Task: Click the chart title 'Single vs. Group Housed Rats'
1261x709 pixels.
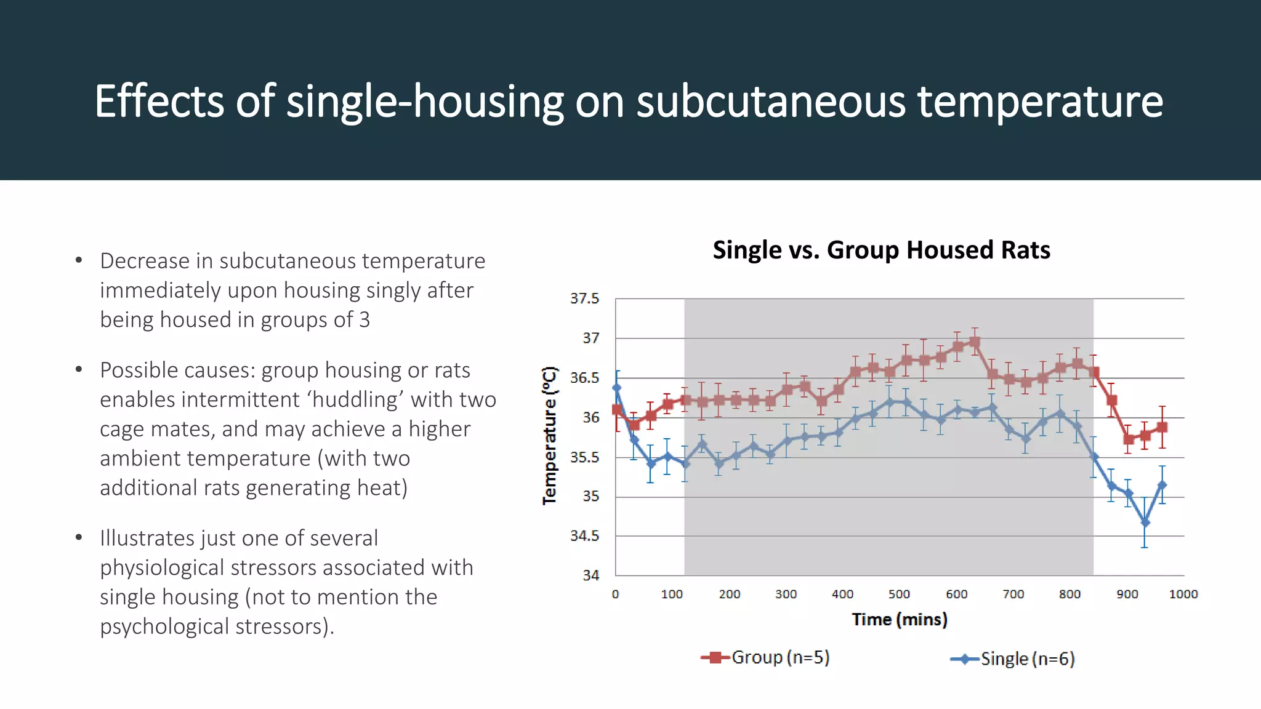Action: [881, 250]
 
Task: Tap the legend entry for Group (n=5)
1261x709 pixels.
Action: [766, 657]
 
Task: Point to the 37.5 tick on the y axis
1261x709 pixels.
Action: [584, 298]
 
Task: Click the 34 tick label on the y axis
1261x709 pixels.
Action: [590, 575]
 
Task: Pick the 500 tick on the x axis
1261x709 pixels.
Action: [899, 595]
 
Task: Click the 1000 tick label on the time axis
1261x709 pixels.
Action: [1183, 595]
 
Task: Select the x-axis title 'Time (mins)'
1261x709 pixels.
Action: [899, 619]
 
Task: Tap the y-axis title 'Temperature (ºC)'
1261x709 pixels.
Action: [549, 436]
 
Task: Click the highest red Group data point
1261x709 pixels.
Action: [974, 342]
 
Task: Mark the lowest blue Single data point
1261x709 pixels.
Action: [1145, 523]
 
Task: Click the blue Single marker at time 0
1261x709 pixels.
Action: [616, 388]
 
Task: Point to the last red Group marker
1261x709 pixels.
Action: [1162, 427]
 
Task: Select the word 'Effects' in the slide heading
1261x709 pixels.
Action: [159, 102]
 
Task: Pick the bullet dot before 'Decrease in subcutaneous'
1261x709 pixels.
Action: [79, 261]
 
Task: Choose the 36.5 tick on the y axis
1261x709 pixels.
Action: [584, 378]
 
